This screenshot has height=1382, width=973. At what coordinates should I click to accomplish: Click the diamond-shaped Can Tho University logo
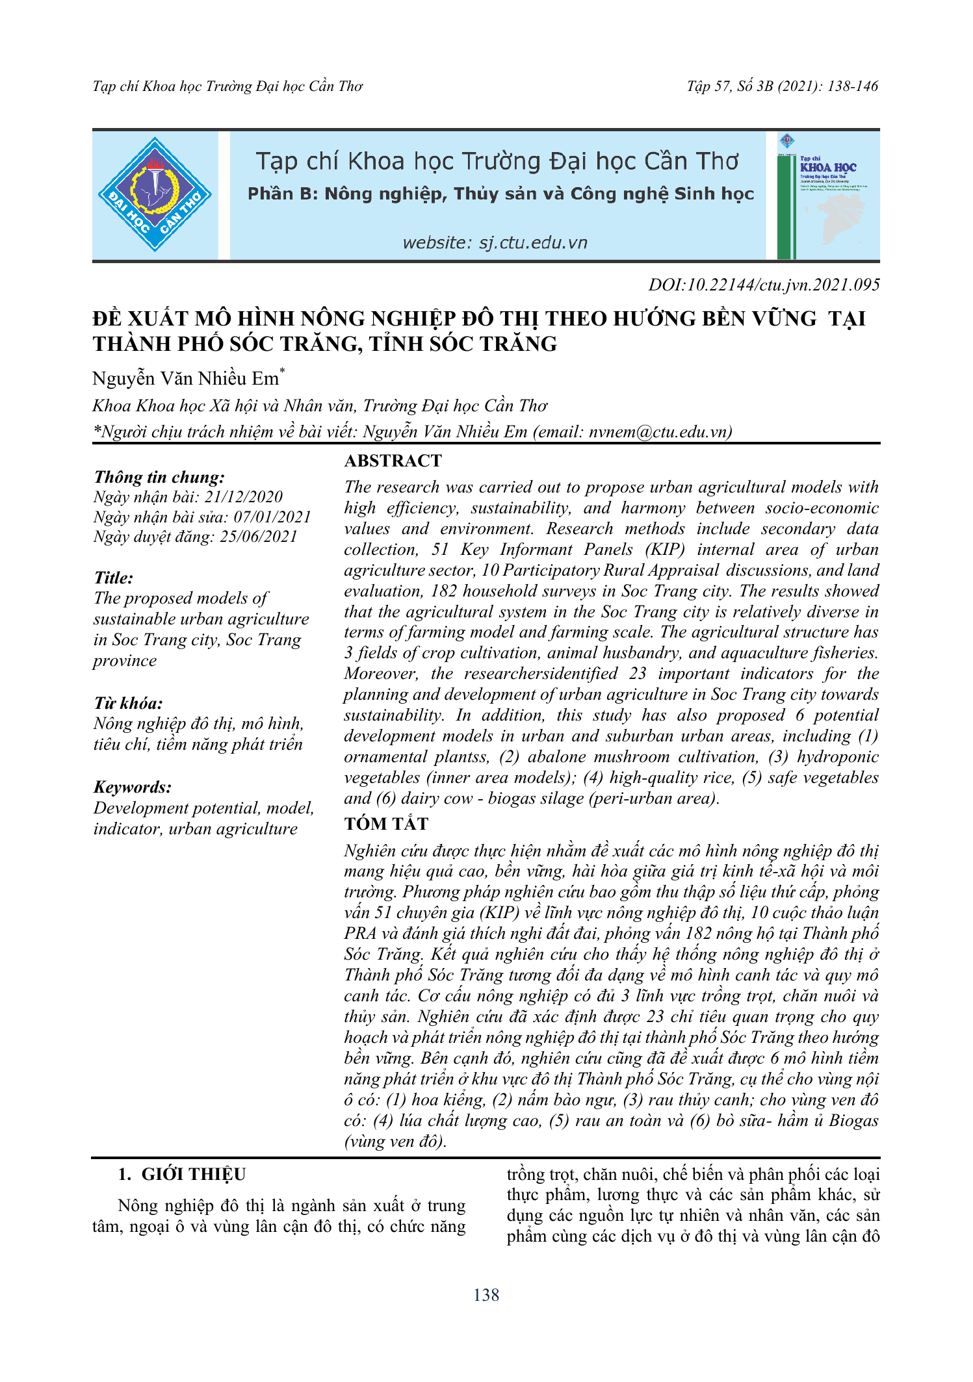pyautogui.click(x=155, y=194)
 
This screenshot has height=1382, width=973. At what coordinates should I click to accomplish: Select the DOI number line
pyautogui.click(x=764, y=285)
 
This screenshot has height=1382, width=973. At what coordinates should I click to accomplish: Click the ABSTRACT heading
pyautogui.click(x=393, y=461)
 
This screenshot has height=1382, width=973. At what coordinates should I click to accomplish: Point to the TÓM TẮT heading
pyautogui.click(x=386, y=824)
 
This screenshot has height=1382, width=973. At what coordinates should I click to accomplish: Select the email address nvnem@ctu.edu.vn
pyautogui.click(x=658, y=432)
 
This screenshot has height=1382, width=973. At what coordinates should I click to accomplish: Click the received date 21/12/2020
pyautogui.click(x=244, y=497)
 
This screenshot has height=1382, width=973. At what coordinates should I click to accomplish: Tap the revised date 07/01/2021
pyautogui.click(x=272, y=517)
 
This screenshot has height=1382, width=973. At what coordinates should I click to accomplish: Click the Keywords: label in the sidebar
pyautogui.click(x=133, y=787)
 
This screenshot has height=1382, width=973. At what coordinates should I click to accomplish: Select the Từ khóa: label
pyautogui.click(x=128, y=704)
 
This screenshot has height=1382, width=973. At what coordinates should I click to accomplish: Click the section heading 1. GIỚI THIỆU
pyautogui.click(x=182, y=1175)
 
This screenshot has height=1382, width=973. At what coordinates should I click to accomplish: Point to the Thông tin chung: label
pyautogui.click(x=159, y=478)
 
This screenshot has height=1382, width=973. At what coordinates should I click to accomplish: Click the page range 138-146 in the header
pyautogui.click(x=853, y=86)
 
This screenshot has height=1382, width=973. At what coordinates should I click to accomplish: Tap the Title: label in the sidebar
pyautogui.click(x=113, y=578)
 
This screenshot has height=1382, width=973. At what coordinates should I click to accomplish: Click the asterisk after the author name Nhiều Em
pyautogui.click(x=282, y=372)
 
